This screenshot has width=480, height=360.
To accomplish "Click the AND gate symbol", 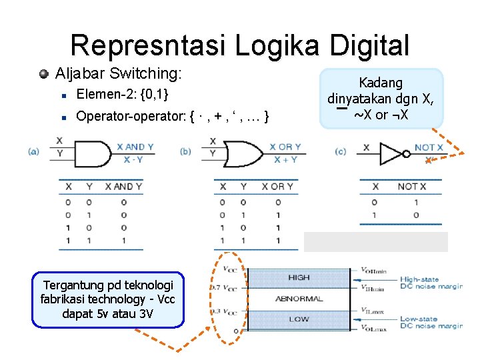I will click(92, 152).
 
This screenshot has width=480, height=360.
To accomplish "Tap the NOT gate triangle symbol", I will click(391, 153).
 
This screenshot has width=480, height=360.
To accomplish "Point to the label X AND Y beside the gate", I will click(135, 147).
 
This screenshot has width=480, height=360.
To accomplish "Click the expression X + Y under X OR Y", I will click(285, 159).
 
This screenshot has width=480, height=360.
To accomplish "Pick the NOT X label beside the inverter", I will click(429, 147).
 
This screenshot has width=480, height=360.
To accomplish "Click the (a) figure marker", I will click(33, 151).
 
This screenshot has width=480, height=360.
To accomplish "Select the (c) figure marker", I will click(341, 151).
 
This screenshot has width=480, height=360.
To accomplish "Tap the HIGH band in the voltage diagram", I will click(299, 277).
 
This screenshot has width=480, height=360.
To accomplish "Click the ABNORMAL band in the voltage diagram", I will click(299, 299).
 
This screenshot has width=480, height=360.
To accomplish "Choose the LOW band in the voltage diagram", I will click(299, 319).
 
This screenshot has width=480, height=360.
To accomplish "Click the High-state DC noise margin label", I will click(431, 283).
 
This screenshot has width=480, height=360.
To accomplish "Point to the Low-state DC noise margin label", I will click(431, 323).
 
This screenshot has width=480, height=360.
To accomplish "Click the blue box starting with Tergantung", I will click(107, 299).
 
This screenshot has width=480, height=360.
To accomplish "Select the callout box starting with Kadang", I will click(381, 99).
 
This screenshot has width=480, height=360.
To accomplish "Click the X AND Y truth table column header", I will click(123, 187).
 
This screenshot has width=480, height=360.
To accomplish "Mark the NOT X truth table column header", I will click(417, 187).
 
